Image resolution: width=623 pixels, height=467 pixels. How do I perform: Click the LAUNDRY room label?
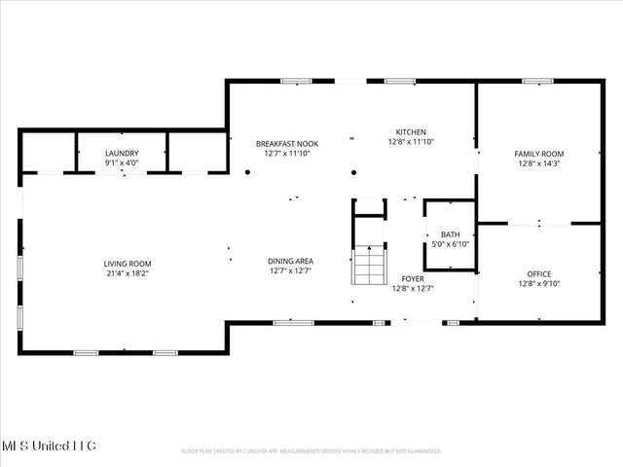click(122, 153)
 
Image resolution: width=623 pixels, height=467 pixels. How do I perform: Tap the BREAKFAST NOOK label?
click(287, 143)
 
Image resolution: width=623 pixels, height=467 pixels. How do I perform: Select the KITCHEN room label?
click(410, 132)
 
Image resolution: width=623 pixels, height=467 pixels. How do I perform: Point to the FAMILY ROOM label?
click(539, 154)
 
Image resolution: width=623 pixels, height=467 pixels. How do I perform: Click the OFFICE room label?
click(539, 274)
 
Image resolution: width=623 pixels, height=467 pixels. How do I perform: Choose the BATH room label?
click(451, 234)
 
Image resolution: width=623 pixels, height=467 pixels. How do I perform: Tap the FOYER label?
click(413, 278)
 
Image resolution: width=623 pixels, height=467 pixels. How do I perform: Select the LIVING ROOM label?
click(128, 264)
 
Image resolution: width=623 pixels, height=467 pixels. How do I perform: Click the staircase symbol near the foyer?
click(368, 262)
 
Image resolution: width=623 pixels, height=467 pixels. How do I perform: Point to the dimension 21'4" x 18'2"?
click(128, 274)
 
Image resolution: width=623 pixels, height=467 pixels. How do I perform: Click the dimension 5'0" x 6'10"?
click(451, 244)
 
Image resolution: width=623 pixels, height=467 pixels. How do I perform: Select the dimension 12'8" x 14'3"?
click(539, 164)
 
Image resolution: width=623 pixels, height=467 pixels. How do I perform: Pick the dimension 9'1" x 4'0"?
click(122, 163)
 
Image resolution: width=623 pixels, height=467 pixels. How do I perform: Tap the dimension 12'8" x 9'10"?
click(539, 285)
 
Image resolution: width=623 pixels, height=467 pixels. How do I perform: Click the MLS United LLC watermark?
click(48, 446)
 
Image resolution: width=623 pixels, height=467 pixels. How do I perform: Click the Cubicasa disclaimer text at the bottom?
click(311, 451)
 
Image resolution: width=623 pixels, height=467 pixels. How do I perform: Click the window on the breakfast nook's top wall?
click(289, 81)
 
